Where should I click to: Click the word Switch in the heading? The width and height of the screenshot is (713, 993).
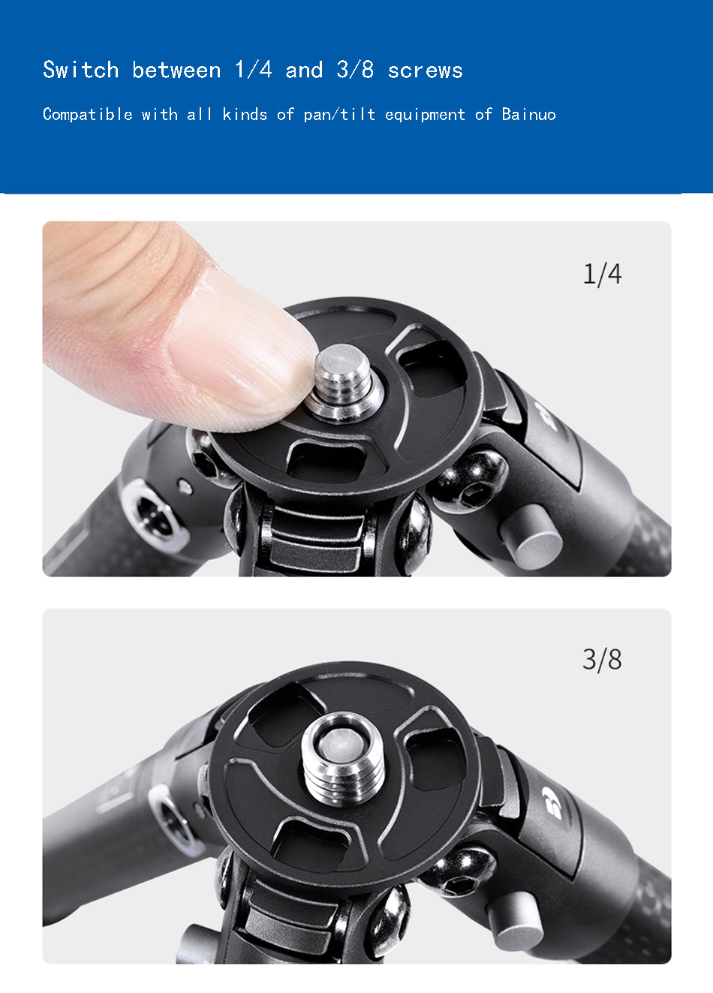pyautogui.click(x=81, y=70)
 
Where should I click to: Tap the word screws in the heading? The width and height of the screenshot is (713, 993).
pyautogui.click(x=426, y=71)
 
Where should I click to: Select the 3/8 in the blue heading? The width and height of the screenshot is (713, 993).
pyautogui.click(x=355, y=70)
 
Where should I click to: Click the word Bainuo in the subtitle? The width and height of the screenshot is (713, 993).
pyautogui.click(x=528, y=114)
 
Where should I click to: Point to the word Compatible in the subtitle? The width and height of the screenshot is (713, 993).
pyautogui.click(x=88, y=115)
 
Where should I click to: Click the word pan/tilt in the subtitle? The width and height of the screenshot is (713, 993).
pyautogui.click(x=339, y=115)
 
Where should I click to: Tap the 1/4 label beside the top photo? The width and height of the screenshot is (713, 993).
pyautogui.click(x=602, y=275)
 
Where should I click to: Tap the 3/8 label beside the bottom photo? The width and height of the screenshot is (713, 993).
pyautogui.click(x=602, y=660)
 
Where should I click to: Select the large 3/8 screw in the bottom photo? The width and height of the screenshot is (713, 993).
pyautogui.click(x=343, y=759)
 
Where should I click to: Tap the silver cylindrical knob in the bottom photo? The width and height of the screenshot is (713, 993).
pyautogui.click(x=514, y=921)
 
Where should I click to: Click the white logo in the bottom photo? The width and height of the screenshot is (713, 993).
pyautogui.click(x=551, y=802)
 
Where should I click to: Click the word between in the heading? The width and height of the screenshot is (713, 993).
pyautogui.click(x=176, y=70)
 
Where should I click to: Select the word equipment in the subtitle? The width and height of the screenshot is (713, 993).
pyautogui.click(x=425, y=115)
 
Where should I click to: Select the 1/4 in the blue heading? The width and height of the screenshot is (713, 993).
pyautogui.click(x=253, y=70)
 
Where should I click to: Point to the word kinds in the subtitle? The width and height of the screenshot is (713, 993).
pyautogui.click(x=245, y=114)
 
